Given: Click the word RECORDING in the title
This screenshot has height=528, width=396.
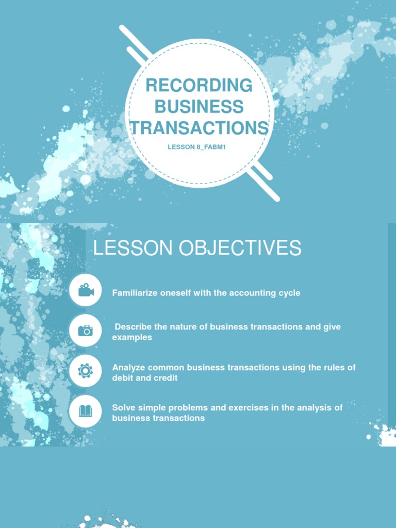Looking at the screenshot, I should point(199,86).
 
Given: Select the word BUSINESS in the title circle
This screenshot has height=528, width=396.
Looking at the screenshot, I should point(199,107).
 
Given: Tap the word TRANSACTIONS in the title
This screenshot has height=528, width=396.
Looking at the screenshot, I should point(200,127).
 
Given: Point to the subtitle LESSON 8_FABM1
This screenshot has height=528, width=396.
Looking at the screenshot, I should point(197,147).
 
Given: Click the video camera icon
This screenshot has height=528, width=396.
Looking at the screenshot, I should point(86,290).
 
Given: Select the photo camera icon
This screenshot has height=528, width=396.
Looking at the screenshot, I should point(86,331).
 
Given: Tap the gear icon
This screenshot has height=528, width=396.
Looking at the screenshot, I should point(86,371).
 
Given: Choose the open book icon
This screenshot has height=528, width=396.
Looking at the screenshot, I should point(86,411).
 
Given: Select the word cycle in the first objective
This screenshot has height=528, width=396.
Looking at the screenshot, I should point(289,293).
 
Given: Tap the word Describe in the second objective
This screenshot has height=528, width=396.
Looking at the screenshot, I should point(133,327).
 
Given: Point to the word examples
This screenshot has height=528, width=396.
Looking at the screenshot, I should point(132,337).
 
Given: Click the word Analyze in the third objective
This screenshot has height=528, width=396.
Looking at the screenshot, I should point(128,367).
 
